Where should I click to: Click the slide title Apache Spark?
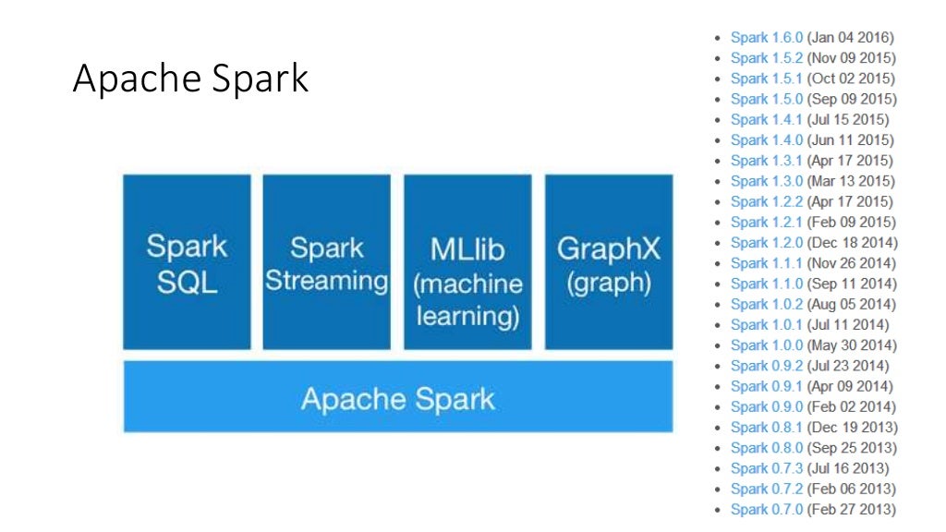pos(190,79)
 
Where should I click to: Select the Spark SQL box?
pos(187,262)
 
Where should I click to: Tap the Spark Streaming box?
pos(327,262)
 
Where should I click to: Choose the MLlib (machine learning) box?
pos(467,262)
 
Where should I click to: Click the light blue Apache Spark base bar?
pos(397,399)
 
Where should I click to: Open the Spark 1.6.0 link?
pos(766,38)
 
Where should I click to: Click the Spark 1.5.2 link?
pos(766,58)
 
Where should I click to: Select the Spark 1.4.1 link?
pos(766,119)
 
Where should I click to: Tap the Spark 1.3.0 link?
pos(766,181)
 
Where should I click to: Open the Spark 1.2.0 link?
pos(766,242)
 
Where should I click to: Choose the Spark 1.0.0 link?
pos(766,345)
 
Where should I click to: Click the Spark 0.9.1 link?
pos(766,386)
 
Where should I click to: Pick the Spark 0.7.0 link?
pos(766,509)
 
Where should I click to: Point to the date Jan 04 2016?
pos(850,38)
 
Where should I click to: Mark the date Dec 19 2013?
pos(852,427)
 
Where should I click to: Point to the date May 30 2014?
pos(852,345)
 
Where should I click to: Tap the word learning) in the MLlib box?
pos(467,317)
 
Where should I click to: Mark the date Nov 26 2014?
pos(852,263)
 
